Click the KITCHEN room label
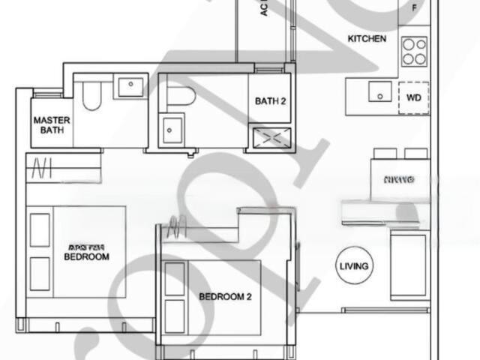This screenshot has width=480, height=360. click(367, 38)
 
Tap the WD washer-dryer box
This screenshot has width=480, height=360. click(413, 97)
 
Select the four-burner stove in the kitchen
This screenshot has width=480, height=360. click(414, 51)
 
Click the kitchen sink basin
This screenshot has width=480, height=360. click(379, 93)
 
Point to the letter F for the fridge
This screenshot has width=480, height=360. click(415, 8)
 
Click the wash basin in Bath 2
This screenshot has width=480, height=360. click(172, 130)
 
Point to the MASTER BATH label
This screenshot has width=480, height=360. click(51, 124)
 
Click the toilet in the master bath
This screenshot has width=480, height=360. click(91, 95)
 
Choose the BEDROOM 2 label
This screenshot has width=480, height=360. click(225, 297)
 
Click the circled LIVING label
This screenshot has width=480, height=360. click(354, 266)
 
